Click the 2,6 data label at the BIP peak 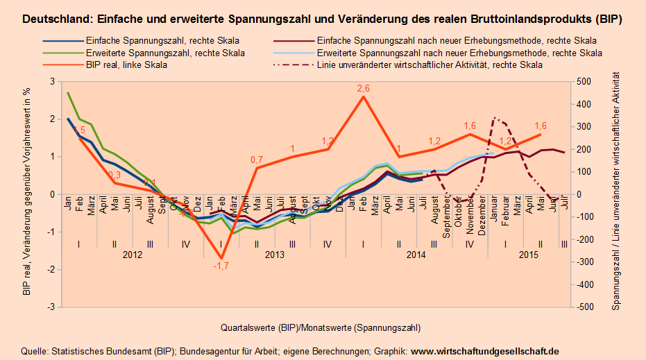tap(363, 88)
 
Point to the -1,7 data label tap(221, 266)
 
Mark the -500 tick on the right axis tap(584, 307)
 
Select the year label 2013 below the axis tap(274, 255)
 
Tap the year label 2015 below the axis tap(529, 255)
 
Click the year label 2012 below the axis tap(132, 255)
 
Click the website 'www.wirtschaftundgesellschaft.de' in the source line tap(485, 351)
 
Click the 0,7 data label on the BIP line tap(257, 160)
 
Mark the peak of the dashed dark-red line tap(494, 118)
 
